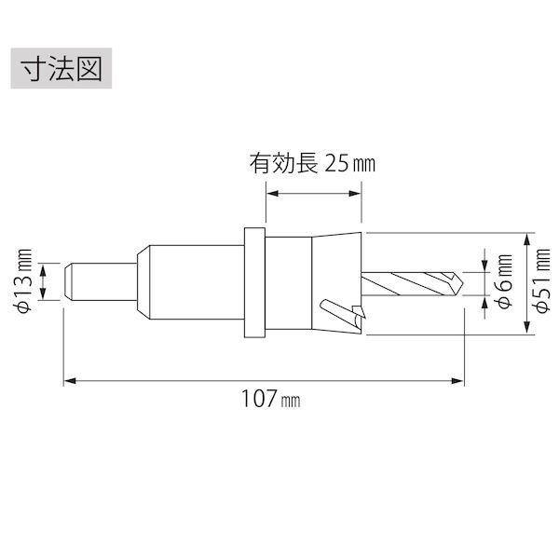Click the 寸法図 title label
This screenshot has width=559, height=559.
point(61,68)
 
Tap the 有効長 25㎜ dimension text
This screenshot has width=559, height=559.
point(312,164)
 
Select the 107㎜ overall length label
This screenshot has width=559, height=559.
point(271,399)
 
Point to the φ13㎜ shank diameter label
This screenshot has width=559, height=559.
point(24,281)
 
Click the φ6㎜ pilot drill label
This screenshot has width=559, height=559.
point(504,281)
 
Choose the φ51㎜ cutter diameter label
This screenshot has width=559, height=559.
point(543,281)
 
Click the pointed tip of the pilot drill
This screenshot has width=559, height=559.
point(463,284)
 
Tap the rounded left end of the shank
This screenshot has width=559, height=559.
point(67,281)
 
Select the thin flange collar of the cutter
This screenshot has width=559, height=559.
point(254,282)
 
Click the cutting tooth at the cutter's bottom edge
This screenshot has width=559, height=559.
point(359,314)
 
